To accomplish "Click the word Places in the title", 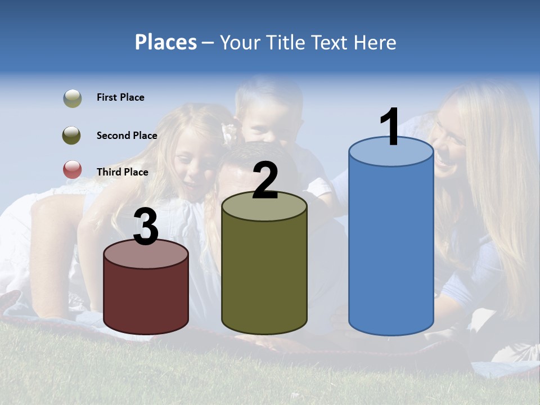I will click(166, 42).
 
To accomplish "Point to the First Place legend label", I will click(120, 97).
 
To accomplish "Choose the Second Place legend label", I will click(127, 136).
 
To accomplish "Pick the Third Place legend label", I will click(122, 172).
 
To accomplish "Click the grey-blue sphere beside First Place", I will click(72, 98).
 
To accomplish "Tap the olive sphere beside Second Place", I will click(71, 136).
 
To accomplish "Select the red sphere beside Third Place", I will click(72, 169).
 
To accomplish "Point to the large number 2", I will click(265, 181).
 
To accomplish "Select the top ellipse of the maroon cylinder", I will click(146, 254).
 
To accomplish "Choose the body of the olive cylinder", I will click(264, 276).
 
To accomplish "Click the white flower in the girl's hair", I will click(229, 133).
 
